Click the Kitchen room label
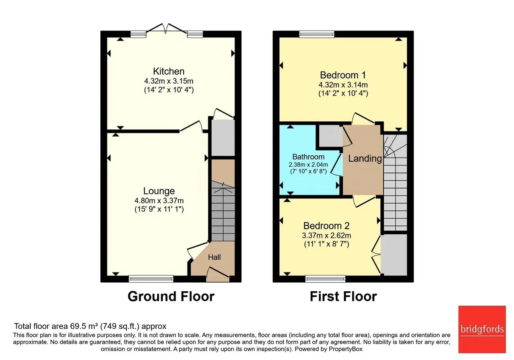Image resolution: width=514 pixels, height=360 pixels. coord(169,72)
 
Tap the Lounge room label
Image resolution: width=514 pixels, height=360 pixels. coord(159,191)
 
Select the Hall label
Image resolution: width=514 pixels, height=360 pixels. coord(214,257)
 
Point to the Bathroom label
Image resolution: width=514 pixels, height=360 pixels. coord(308,157)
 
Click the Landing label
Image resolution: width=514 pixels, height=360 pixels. coord(365,158)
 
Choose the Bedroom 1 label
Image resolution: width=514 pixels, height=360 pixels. coord(343,75)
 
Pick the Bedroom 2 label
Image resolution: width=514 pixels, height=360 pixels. coord(326,226)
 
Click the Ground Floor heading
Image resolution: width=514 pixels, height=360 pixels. coord(171,296)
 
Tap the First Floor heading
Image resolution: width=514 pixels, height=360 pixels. coord(343,296)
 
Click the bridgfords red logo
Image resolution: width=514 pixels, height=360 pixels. coord(482,329)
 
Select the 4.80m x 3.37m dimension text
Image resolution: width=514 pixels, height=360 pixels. coord(159,200)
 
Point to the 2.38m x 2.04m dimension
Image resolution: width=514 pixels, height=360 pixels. coord(308,165)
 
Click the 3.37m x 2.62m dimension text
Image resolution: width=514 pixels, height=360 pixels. coord(326,235)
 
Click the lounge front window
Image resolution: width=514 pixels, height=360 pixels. coord(151,279)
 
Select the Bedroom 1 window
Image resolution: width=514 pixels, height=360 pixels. coord(317,34)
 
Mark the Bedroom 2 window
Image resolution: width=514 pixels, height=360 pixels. coord(325,279)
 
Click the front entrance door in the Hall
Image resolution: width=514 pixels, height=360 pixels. coord(218,274)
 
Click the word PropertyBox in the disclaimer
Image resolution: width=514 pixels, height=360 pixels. coord(346,349)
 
